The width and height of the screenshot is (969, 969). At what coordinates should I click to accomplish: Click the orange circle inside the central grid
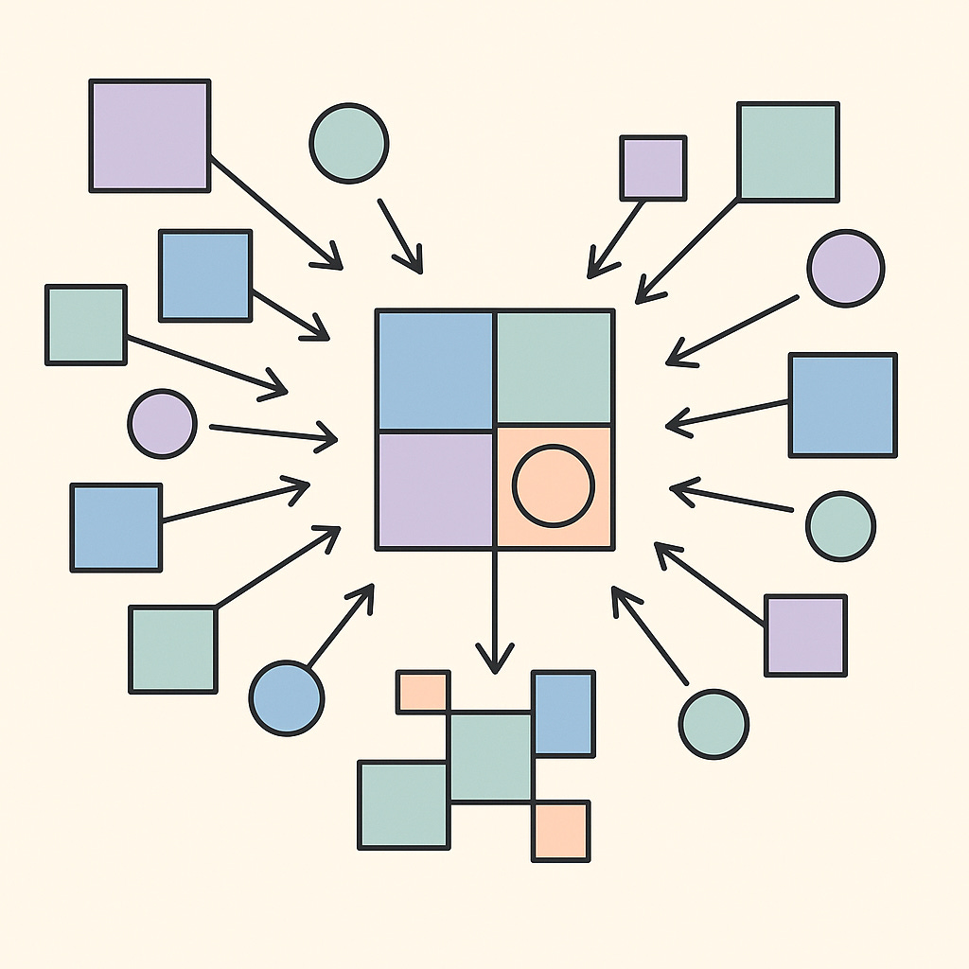(x=554, y=485)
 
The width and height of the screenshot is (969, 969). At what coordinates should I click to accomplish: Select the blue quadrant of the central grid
(x=434, y=369)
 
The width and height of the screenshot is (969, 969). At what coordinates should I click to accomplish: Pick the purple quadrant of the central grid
(x=434, y=487)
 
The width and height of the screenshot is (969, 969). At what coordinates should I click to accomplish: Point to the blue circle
(x=287, y=698)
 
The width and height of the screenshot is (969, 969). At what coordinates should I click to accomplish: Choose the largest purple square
(x=150, y=136)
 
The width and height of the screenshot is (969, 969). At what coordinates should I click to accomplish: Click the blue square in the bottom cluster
(x=564, y=712)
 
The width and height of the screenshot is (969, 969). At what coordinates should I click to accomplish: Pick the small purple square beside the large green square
(x=653, y=167)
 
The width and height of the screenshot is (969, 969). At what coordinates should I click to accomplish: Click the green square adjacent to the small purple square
(x=787, y=152)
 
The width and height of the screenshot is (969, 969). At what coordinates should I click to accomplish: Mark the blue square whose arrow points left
(x=842, y=405)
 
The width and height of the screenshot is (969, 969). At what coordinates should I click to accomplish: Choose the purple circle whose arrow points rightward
(x=163, y=424)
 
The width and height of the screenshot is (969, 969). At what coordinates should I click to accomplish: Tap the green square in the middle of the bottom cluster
(x=490, y=758)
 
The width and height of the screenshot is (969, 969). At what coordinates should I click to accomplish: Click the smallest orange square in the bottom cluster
(x=422, y=690)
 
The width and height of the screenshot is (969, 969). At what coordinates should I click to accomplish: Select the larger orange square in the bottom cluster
(x=560, y=831)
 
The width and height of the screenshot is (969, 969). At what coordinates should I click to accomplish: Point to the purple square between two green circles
(x=805, y=635)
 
